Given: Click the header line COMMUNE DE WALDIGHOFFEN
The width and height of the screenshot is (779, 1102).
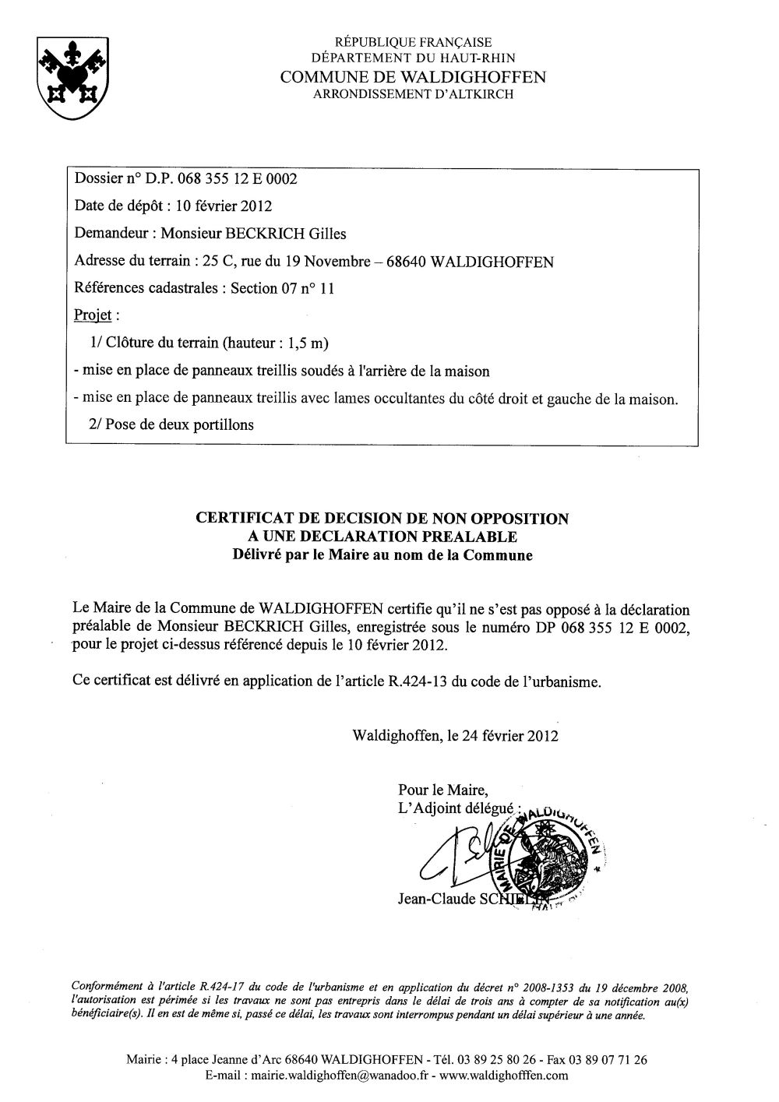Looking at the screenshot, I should pyautogui.click(x=413, y=77).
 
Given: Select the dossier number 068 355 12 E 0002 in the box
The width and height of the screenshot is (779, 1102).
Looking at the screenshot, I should pyautogui.click(x=233, y=178).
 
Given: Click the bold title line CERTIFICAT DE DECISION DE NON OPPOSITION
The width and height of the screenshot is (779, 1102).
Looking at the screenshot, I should pyautogui.click(x=382, y=518).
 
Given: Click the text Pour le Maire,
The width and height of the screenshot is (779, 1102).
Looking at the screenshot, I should pyautogui.click(x=443, y=791).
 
